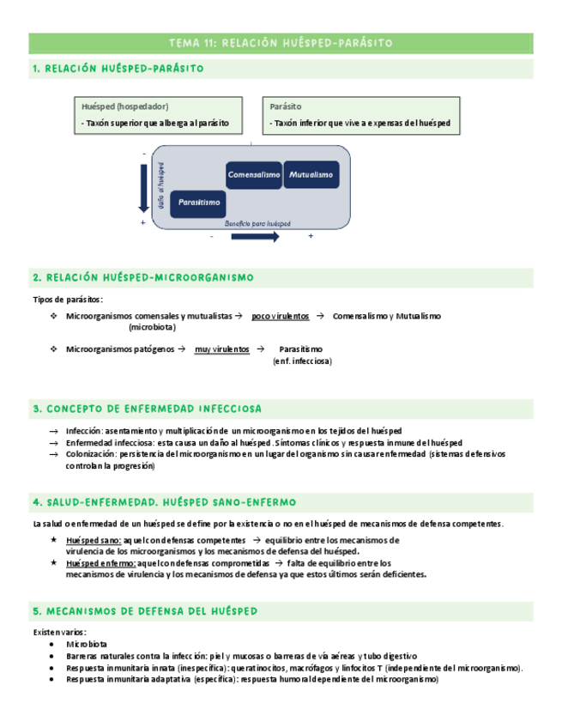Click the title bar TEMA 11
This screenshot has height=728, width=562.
[281, 42]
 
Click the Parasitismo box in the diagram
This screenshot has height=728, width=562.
[199, 203]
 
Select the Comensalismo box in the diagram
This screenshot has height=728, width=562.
[254, 175]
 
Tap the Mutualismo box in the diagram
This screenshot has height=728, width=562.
[310, 175]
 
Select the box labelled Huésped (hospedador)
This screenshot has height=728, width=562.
[162, 115]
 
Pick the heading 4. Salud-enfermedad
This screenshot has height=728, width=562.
[164, 501]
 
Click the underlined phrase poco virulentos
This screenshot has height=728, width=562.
[281, 316]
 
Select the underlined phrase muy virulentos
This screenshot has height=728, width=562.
[222, 349]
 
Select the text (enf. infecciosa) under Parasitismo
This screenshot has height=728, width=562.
[301, 361]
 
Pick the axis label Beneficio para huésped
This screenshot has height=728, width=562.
[257, 223]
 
